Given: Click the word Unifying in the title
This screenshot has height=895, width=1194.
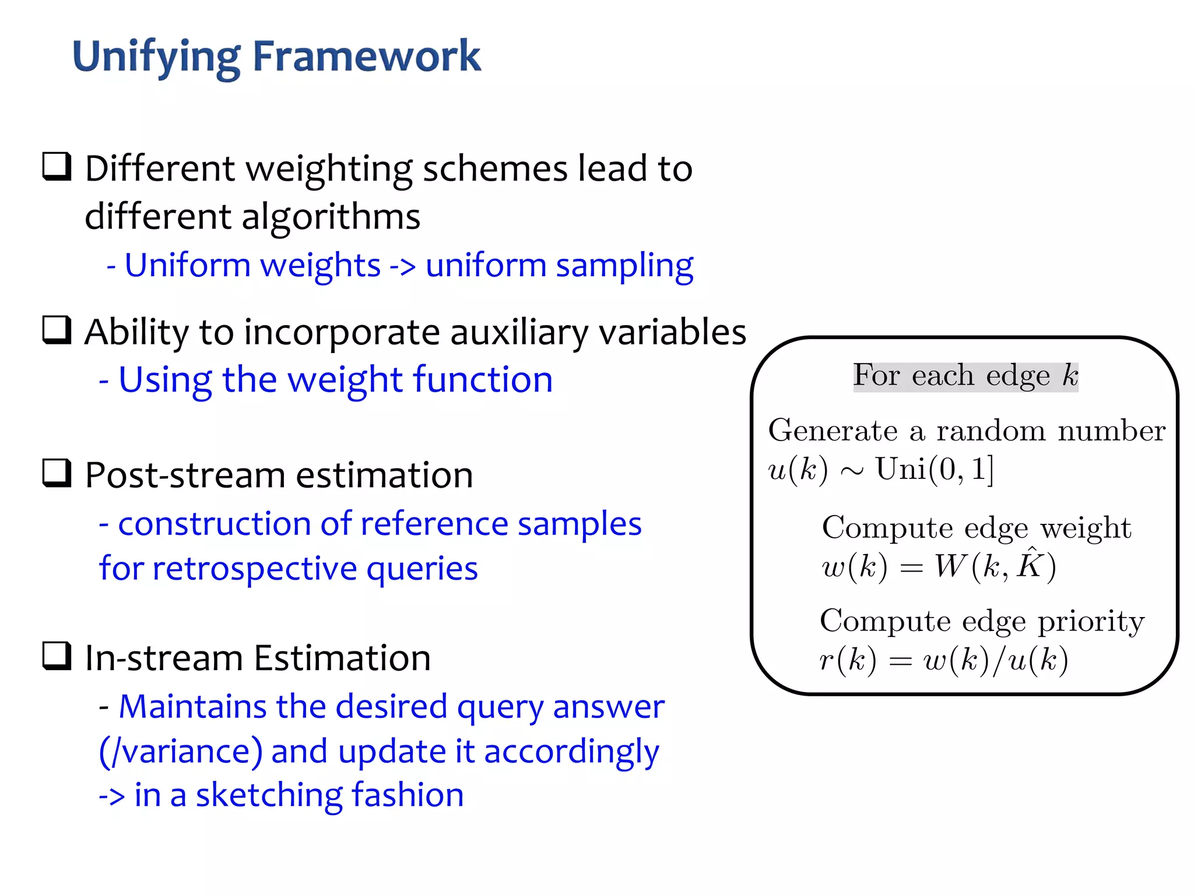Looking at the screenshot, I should point(156,57).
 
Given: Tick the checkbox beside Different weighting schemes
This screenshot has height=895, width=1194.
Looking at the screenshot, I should point(57,167).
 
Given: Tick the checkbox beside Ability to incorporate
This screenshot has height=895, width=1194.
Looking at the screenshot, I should point(57,330).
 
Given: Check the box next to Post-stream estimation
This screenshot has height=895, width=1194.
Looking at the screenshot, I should point(57,473).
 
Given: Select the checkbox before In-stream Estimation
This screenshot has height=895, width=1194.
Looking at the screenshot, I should point(57,656).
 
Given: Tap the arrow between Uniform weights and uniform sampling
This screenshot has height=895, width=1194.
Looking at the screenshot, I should point(402,267).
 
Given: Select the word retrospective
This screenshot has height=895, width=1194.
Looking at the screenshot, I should point(254,569).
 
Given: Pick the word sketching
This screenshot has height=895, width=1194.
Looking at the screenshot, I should point(268,795).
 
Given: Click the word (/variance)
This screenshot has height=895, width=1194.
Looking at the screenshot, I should point(181,752).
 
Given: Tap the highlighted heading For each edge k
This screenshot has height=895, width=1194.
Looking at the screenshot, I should point(965,376).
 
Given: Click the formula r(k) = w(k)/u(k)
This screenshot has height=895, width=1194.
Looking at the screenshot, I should point(943,660).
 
